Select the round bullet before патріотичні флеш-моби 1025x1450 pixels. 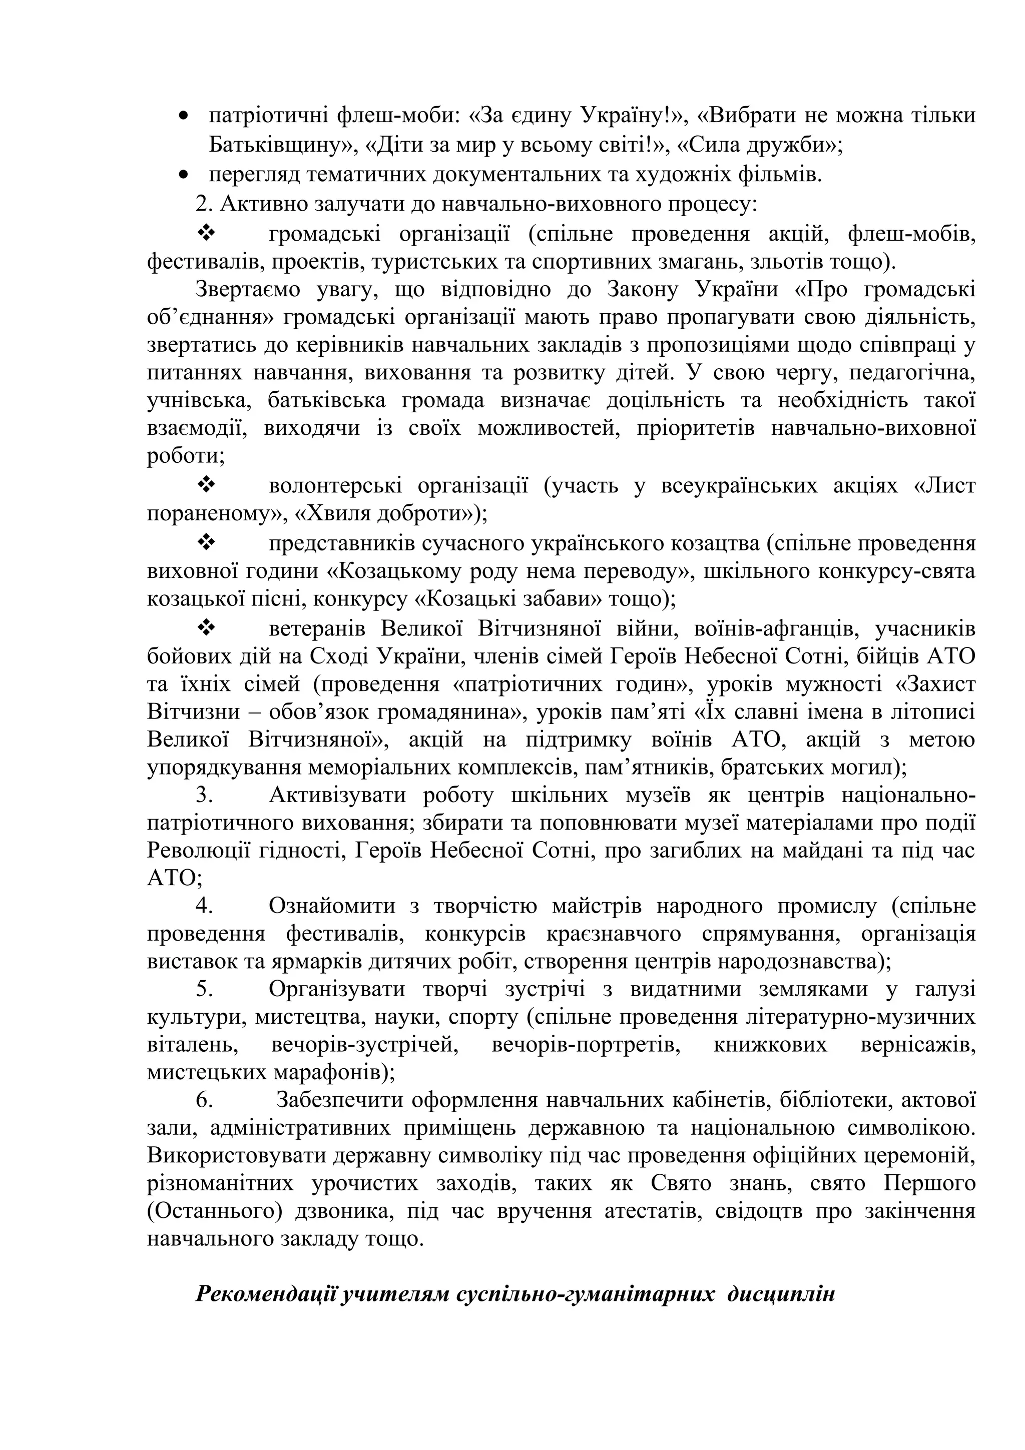(x=184, y=116)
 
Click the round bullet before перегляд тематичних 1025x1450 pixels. (x=184, y=175)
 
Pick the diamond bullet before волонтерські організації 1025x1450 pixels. (x=207, y=485)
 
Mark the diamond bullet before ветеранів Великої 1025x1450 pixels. (x=207, y=628)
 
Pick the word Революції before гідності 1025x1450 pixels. (x=200, y=851)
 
